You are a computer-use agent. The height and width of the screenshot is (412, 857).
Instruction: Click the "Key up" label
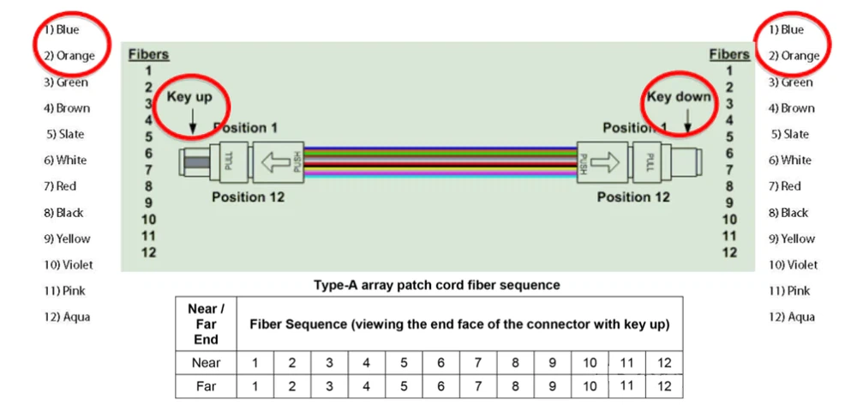tap(189, 97)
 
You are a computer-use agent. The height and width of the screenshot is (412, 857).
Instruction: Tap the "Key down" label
tap(679, 96)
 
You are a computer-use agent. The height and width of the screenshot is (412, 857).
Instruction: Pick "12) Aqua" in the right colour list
tap(791, 317)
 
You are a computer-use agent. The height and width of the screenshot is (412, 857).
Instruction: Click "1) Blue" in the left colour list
tap(61, 30)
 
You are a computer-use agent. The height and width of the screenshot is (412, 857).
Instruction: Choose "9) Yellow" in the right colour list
tap(792, 239)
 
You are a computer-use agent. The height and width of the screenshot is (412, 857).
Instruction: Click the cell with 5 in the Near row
tap(403, 362)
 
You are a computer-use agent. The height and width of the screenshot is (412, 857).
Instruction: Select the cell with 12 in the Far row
tap(664, 386)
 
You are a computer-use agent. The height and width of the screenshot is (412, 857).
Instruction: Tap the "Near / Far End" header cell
tap(206, 324)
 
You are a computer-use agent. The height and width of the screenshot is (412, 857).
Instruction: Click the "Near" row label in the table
tap(206, 362)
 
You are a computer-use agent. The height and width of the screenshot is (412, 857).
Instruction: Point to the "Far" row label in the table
tap(206, 386)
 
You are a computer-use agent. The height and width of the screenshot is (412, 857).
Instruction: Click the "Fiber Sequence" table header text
tap(459, 324)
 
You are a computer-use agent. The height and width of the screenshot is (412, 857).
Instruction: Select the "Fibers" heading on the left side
tap(148, 55)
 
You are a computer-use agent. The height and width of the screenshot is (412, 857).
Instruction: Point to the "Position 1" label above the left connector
tap(245, 128)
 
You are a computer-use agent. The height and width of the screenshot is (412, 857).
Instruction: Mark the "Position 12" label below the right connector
tap(633, 197)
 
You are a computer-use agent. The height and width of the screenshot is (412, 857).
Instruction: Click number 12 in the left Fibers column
tap(148, 252)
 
